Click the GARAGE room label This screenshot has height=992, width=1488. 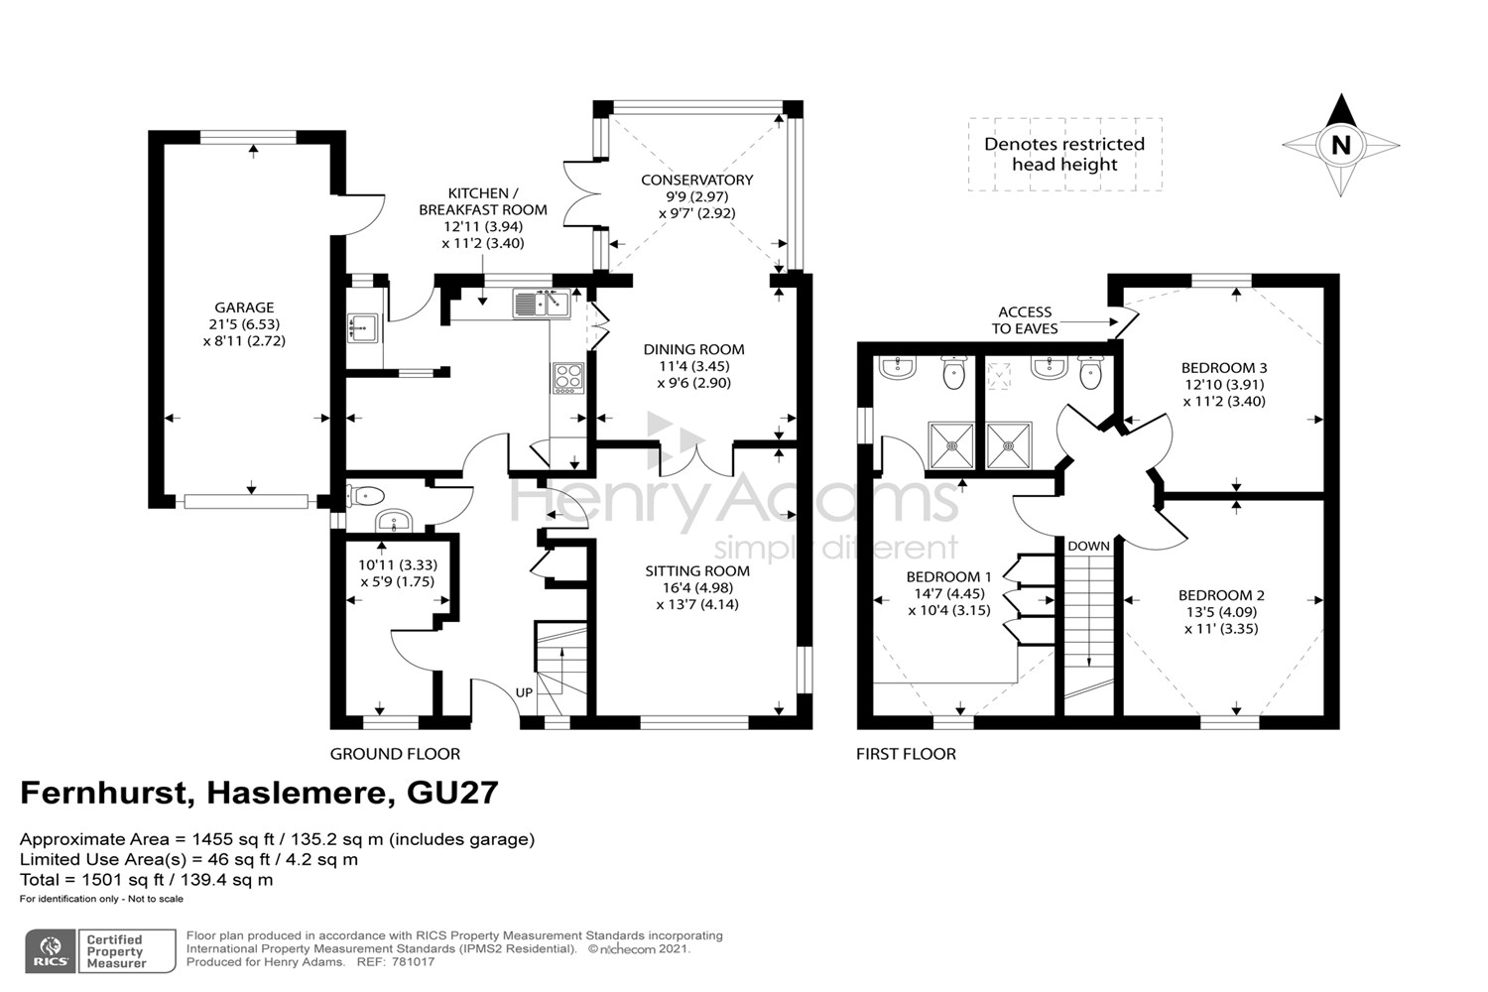click(244, 308)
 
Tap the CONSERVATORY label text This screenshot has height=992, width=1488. click(696, 180)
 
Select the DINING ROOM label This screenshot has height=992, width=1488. click(693, 349)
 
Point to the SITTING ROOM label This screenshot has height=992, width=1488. click(697, 570)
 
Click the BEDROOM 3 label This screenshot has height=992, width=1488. click(1224, 368)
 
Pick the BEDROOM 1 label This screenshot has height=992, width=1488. click(948, 576)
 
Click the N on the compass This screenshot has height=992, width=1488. click(1340, 146)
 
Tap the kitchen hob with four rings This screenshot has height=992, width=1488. click(568, 378)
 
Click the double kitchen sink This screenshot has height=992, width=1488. click(540, 303)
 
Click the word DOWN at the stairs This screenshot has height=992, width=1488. click(1088, 546)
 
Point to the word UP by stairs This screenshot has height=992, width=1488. click(524, 692)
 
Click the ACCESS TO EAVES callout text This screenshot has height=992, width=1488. click(1025, 319)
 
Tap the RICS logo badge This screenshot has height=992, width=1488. click(51, 950)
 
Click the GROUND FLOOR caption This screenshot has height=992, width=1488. click(395, 754)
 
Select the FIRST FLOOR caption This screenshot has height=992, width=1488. click(906, 754)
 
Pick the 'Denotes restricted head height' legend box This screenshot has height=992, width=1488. click(1064, 154)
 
